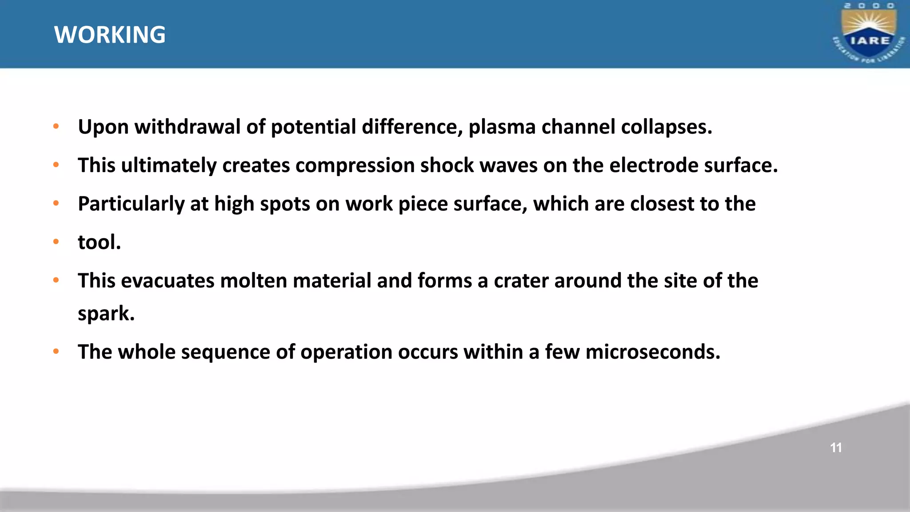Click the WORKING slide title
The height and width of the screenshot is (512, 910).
[x=110, y=35]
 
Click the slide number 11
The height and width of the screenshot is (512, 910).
[x=836, y=448]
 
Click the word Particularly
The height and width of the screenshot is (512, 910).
[x=131, y=204]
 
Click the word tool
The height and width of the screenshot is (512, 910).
[x=99, y=242]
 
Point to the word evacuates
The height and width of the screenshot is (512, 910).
[x=168, y=281]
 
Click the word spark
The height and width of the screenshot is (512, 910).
[x=106, y=314]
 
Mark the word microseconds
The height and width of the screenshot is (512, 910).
[x=652, y=352]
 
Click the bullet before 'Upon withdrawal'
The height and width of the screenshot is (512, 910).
[x=56, y=126]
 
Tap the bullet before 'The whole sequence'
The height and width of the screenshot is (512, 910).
[x=56, y=352]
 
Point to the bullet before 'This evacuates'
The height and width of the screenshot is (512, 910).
[x=56, y=280]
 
